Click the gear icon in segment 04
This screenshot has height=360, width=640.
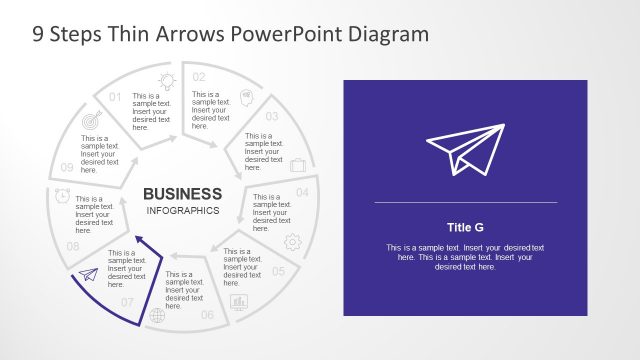tap(293, 241)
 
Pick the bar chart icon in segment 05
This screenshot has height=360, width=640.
tap(239, 301)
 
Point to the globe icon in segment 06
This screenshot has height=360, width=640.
tap(157, 316)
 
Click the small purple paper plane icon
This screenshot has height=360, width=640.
tap(88, 275)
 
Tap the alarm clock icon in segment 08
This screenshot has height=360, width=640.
tap(62, 196)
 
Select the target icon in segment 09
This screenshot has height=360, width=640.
tap(92, 120)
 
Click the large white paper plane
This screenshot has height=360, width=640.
tap(465, 150)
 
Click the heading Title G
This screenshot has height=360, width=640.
tap(465, 227)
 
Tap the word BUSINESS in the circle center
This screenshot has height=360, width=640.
tap(182, 193)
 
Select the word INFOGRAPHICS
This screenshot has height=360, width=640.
tap(182, 211)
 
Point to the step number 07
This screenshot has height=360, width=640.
tap(127, 301)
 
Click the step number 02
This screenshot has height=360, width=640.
tap(199, 77)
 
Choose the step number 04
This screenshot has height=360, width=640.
tap(302, 191)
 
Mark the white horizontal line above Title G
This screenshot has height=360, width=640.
tap(465, 202)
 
